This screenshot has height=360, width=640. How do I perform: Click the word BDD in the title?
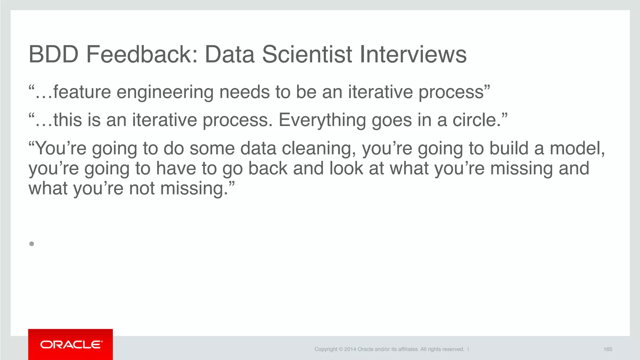53,54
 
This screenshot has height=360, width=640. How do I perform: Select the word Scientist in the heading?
307,54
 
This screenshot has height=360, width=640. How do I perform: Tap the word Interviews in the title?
413,54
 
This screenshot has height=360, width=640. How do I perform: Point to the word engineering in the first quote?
165,93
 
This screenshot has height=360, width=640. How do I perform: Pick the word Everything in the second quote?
322,121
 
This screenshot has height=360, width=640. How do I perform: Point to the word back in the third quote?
268,168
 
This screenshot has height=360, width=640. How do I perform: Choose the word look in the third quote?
346,168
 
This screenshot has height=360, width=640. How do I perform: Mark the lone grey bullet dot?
32,244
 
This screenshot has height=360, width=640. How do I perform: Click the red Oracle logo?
71,344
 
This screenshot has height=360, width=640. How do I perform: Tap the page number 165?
607,349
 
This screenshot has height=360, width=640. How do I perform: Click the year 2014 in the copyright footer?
350,349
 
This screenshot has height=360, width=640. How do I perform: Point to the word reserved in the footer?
453,349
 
